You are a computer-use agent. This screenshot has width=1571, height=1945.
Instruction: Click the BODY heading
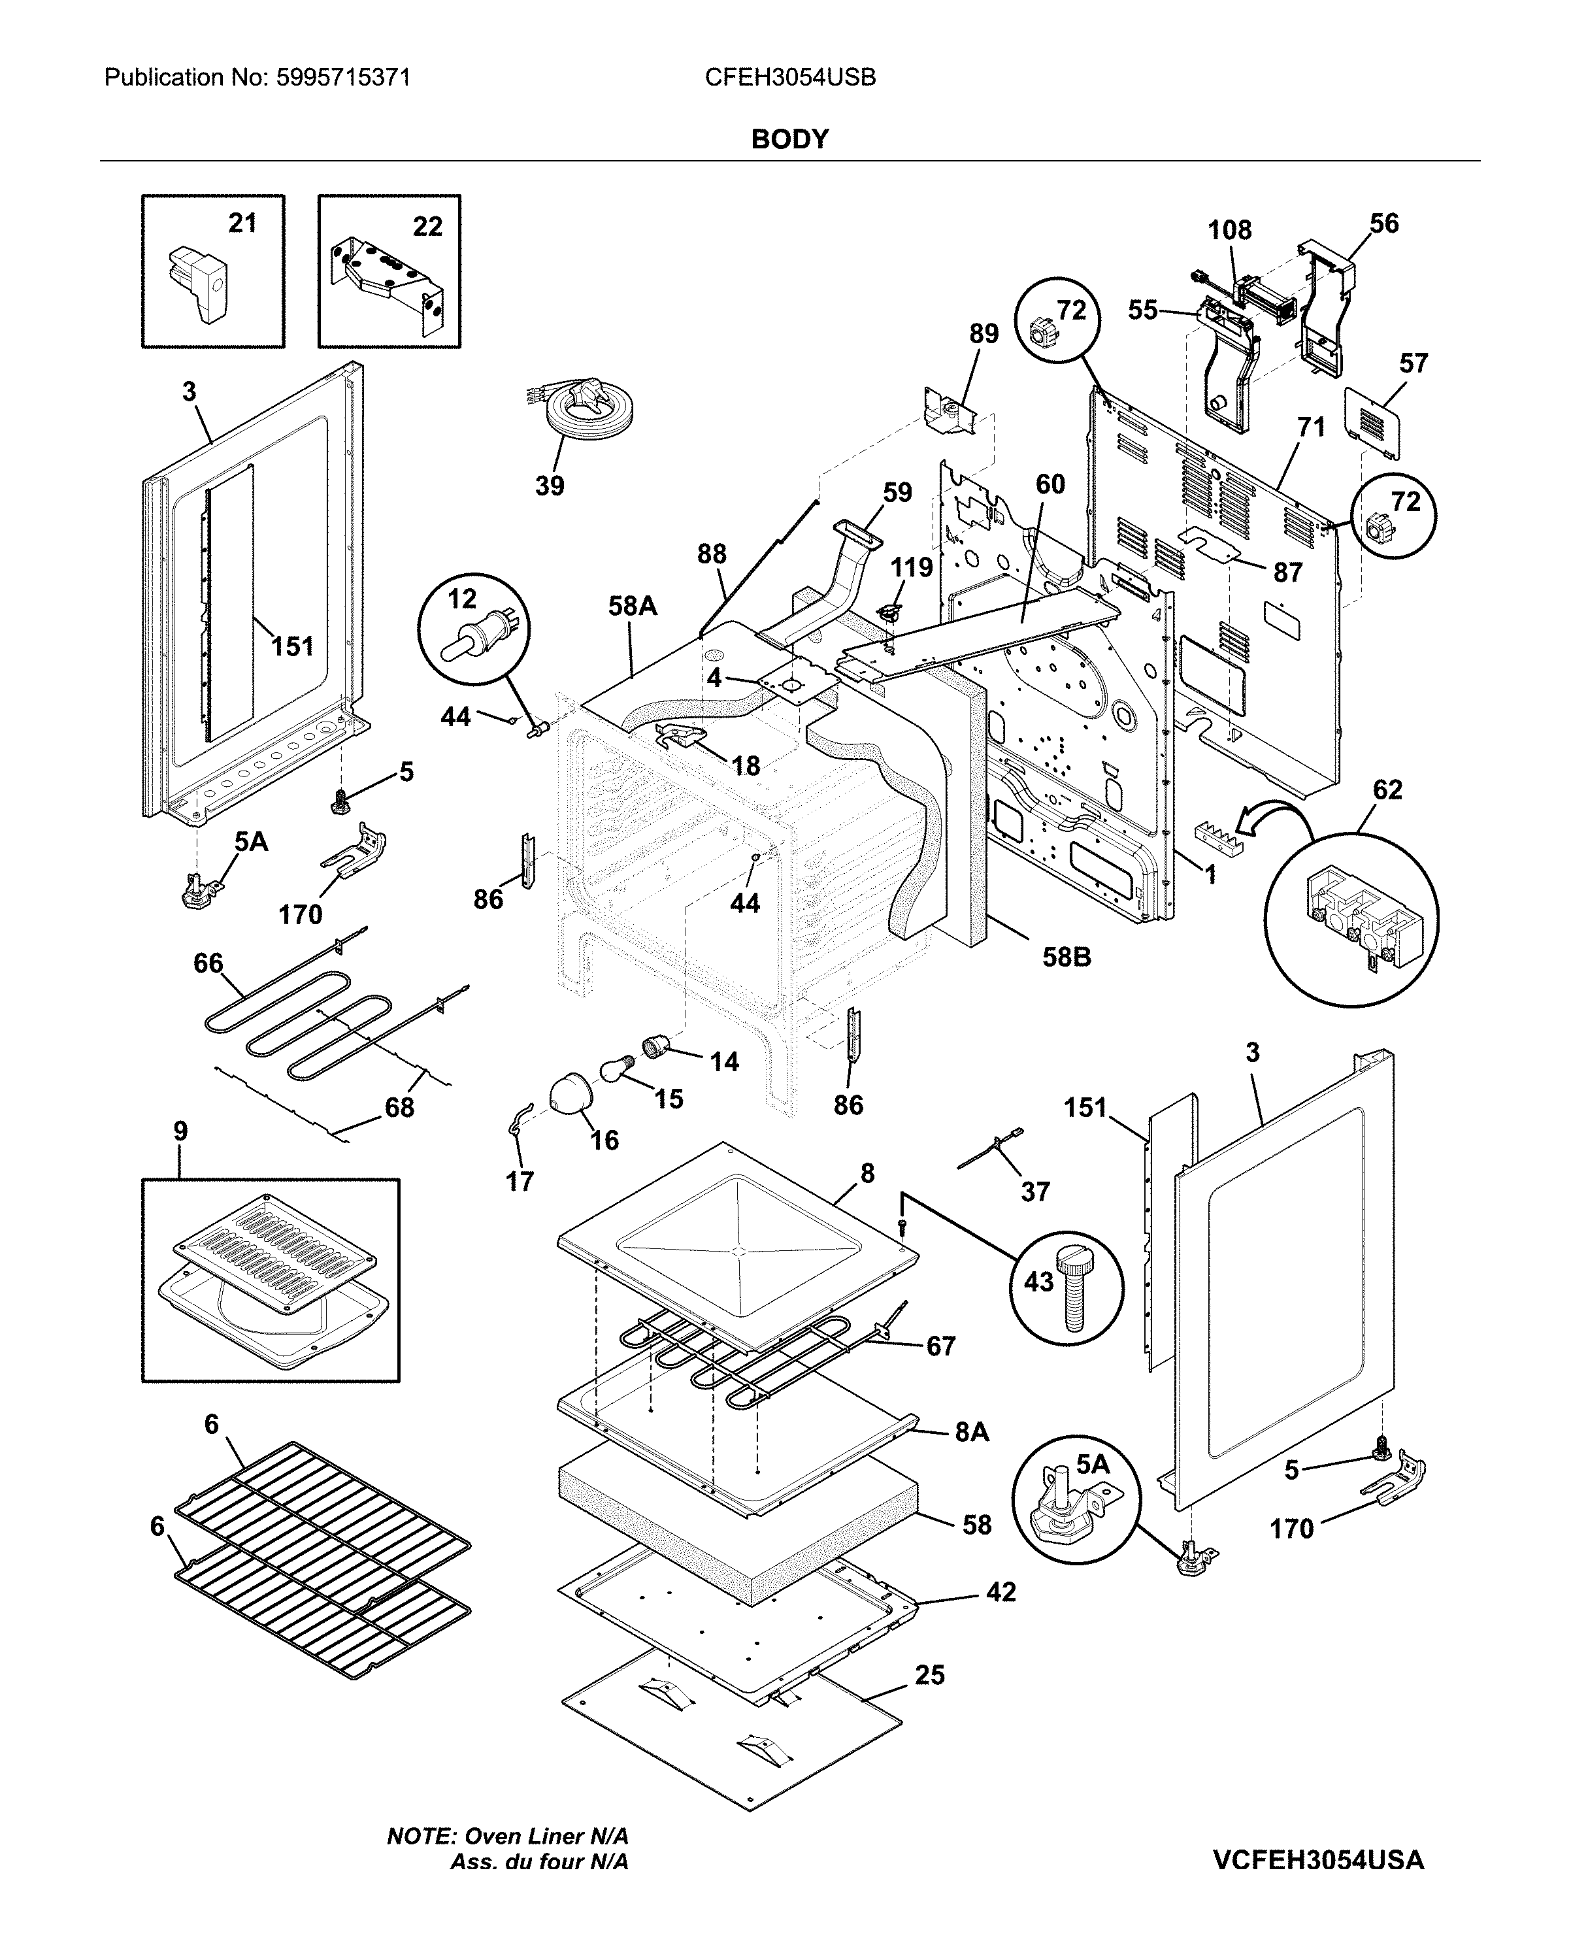coord(789,139)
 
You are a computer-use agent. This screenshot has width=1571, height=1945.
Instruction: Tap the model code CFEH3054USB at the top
coord(790,78)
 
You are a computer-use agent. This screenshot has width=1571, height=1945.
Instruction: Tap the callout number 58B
coord(1066,957)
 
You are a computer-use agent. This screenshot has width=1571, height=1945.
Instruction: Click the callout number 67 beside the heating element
coord(940,1347)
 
